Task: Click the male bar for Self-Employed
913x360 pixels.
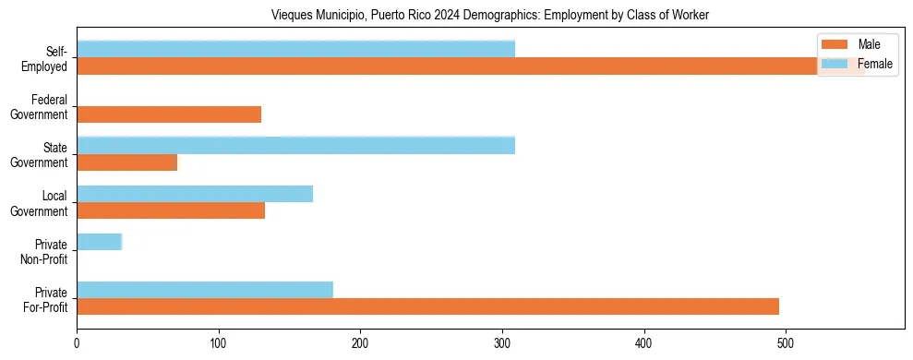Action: [443, 66]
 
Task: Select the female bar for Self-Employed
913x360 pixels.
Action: [295, 49]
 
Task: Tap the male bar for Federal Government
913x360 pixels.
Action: [169, 114]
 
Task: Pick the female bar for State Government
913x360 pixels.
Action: [295, 145]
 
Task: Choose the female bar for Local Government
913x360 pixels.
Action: [195, 193]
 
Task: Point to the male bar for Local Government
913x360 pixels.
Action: [171, 210]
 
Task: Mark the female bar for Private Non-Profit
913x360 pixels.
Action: [99, 242]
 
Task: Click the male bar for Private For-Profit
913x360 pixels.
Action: [427, 306]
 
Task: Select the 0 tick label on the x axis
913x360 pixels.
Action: [77, 343]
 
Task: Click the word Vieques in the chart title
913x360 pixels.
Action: [292, 16]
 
